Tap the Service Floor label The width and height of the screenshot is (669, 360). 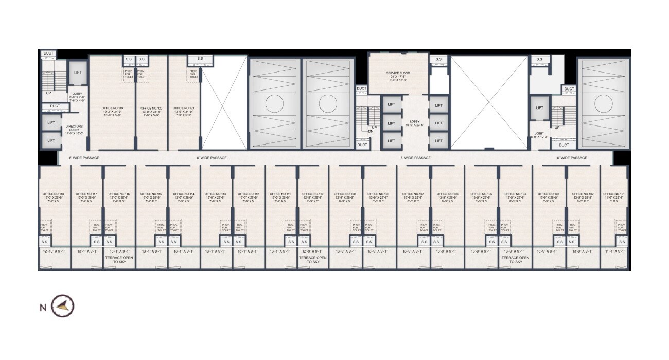(398, 74)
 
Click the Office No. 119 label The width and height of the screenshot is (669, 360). (112, 108)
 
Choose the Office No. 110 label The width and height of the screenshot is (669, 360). (313, 194)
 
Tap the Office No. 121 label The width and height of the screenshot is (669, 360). (183, 108)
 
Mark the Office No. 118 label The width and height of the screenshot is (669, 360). (53, 194)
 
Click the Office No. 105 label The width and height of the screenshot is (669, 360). (481, 194)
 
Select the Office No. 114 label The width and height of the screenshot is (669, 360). (184, 194)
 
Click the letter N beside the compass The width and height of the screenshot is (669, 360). (43, 308)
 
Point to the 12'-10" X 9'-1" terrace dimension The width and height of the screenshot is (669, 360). (54, 251)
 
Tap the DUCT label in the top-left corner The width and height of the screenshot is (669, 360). (48, 53)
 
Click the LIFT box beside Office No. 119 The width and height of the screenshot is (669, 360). (78, 73)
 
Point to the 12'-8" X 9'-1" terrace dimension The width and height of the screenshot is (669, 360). (313, 251)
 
